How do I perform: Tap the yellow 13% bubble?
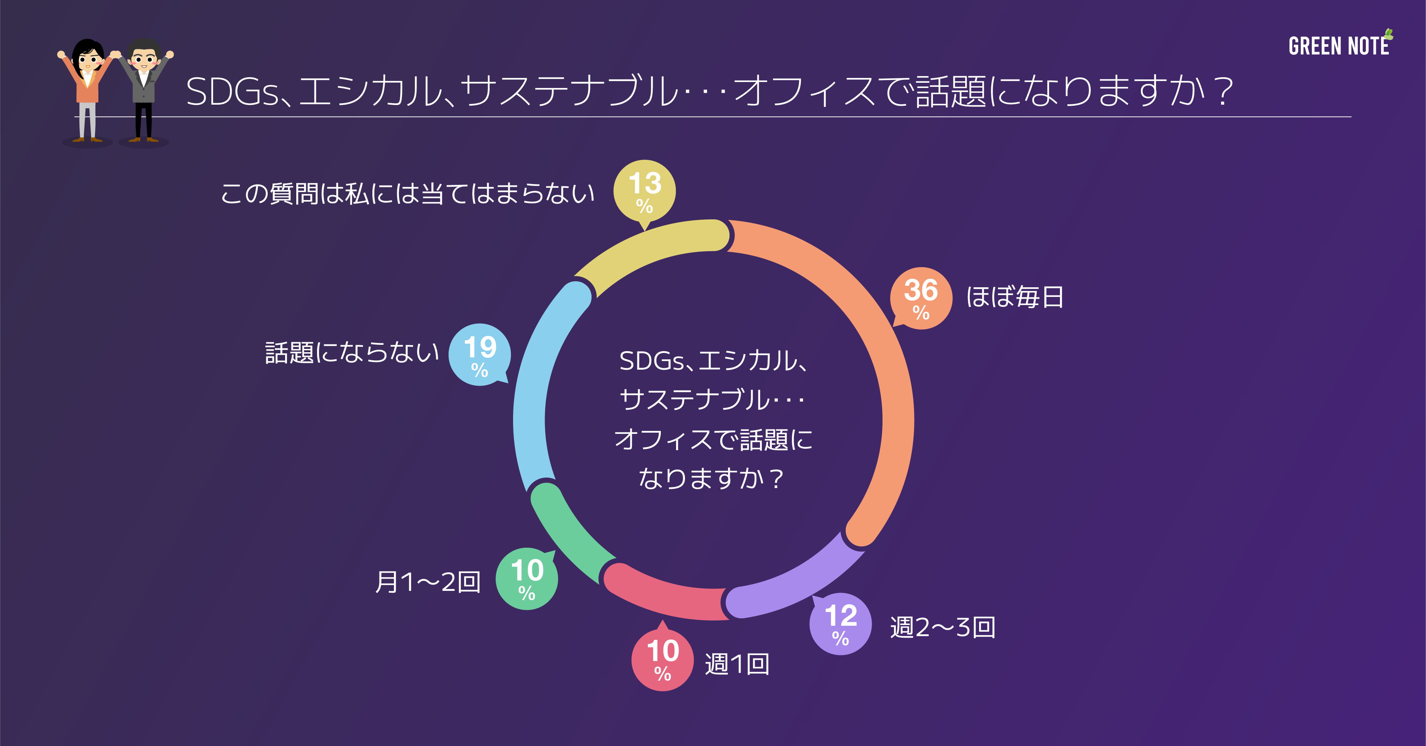point(645,191)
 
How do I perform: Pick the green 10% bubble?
point(526,579)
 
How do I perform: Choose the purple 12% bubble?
point(840,624)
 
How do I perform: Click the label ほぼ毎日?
point(1014,297)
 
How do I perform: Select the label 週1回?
point(737,664)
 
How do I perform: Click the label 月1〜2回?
point(427,582)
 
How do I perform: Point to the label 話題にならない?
point(352,353)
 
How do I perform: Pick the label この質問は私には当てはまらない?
point(407,194)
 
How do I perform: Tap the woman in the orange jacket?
point(87,89)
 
